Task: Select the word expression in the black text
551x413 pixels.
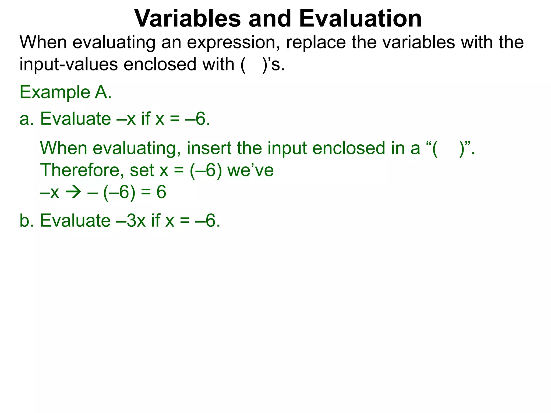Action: tap(233, 42)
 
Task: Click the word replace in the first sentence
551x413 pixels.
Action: tap(316, 42)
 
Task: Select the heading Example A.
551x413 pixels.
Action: tap(65, 92)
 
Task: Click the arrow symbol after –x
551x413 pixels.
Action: tap(73, 193)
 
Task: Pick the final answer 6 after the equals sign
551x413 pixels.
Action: tap(161, 193)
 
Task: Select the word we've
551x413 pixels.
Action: tap(250, 170)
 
